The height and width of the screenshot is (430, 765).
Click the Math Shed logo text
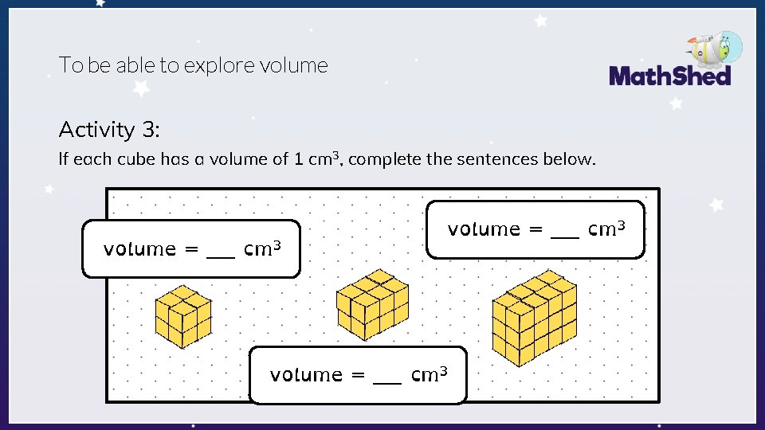click(669, 76)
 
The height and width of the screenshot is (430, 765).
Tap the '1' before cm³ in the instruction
click(298, 158)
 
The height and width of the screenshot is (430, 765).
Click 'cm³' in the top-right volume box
click(606, 229)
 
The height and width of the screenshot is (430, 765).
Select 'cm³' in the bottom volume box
click(429, 373)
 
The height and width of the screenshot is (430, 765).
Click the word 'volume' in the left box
click(139, 249)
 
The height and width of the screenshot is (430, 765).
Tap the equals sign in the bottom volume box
click(358, 375)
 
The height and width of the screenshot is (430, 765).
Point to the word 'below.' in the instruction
click(568, 158)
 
